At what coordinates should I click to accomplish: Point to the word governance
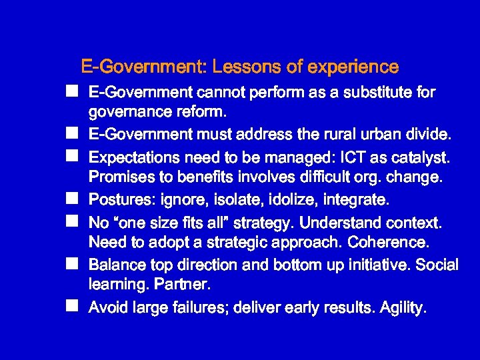tap(127, 109)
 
